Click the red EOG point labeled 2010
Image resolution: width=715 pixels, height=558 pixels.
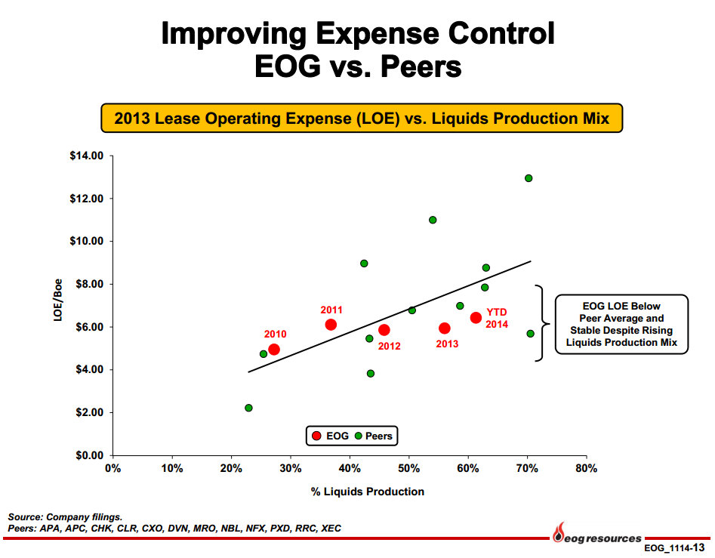tap(274, 350)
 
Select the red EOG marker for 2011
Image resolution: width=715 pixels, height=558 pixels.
tap(331, 325)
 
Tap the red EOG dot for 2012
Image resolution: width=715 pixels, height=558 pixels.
tap(384, 330)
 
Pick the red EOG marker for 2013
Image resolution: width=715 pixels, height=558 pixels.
tap(445, 328)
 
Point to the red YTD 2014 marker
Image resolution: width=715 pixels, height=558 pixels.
tap(476, 318)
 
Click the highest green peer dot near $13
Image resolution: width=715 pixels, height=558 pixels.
tap(529, 178)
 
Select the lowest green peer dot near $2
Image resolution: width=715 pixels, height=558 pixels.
tap(248, 408)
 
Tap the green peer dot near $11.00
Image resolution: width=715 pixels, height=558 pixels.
tap(433, 220)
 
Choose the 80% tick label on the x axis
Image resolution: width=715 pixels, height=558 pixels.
tap(586, 468)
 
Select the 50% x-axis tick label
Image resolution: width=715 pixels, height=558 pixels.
tap(408, 468)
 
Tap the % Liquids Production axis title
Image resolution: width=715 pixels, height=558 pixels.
tap(368, 492)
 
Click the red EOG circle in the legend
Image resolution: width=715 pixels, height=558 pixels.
tap(316, 436)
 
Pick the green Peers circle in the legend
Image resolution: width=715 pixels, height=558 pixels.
tap(359, 436)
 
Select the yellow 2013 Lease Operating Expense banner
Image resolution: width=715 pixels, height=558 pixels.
tap(362, 119)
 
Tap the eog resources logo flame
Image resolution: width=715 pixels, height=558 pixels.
tap(559, 532)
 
